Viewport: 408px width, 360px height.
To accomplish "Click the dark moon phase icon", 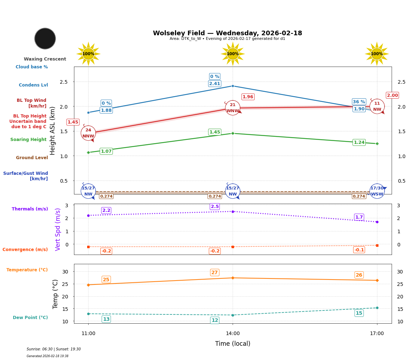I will pyautogui.click(x=45, y=38).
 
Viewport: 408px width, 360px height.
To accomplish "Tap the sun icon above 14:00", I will pyautogui.click(x=233, y=54).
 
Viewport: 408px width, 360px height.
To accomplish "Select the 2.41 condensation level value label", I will pyautogui.click(x=214, y=84).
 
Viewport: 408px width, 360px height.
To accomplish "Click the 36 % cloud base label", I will pyautogui.click(x=359, y=102).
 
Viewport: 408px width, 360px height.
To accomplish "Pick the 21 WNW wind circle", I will pyautogui.click(x=233, y=108).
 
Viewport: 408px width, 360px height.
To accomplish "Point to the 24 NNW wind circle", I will pyautogui.click(x=88, y=133).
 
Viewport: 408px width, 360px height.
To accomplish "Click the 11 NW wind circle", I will pyautogui.click(x=377, y=106).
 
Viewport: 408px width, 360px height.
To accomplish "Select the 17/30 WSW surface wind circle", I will pyautogui.click(x=377, y=191).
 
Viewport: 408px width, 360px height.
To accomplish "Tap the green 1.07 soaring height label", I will pyautogui.click(x=106, y=151).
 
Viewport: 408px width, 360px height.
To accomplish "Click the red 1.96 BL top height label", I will pyautogui.click(x=248, y=97).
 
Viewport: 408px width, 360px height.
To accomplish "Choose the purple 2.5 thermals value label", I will pyautogui.click(x=215, y=207).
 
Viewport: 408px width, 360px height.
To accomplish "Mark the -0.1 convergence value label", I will pyautogui.click(x=359, y=250).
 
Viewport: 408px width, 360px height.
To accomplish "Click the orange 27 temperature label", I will pyautogui.click(x=214, y=273).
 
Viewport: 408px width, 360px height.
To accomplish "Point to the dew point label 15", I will pyautogui.click(x=359, y=313).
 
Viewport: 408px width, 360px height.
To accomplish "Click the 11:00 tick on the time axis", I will pyautogui.click(x=88, y=334).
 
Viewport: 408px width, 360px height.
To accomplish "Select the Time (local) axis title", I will pyautogui.click(x=233, y=344).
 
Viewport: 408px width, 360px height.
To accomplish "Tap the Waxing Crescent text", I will pyautogui.click(x=45, y=59).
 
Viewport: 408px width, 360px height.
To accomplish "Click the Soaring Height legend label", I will pyautogui.click(x=28, y=140).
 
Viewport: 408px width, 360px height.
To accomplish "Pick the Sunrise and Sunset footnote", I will pyautogui.click(x=54, y=349).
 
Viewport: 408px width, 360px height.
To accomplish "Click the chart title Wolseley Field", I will pyautogui.click(x=227, y=33).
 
